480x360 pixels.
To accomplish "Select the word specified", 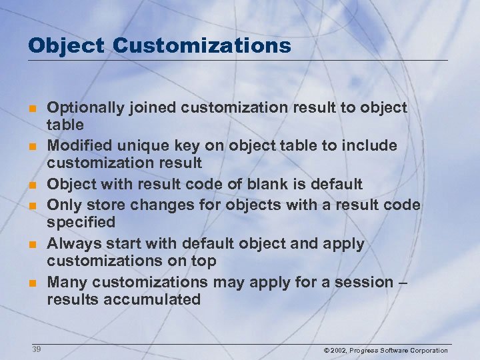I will (x=81, y=221).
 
